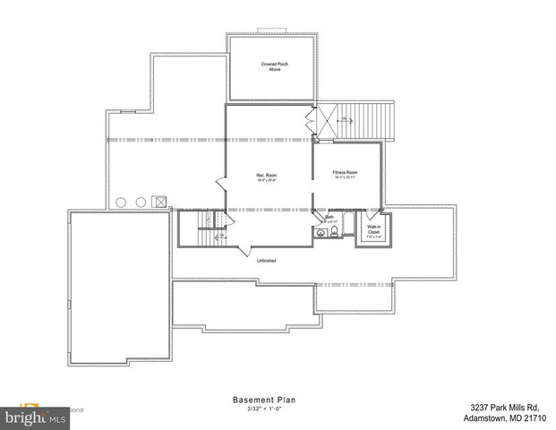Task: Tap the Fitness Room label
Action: click(345, 174)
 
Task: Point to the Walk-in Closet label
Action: click(373, 230)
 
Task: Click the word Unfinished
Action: click(266, 261)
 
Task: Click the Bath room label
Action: click(329, 218)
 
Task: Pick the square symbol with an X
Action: click(160, 202)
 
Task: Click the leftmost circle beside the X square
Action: click(121, 202)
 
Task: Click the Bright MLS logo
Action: click(36, 417)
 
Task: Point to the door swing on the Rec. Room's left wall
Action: click(218, 185)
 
